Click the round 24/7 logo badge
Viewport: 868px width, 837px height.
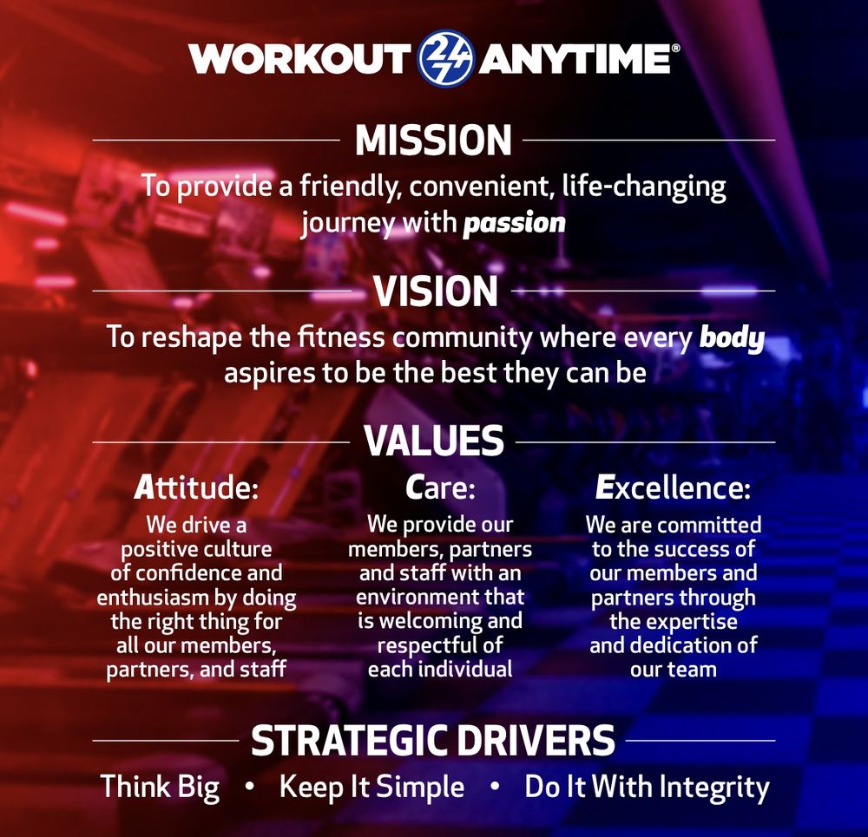click(445, 58)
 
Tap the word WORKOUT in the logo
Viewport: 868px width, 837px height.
click(299, 59)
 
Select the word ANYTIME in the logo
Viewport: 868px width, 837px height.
click(574, 59)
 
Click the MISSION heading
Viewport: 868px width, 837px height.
click(433, 141)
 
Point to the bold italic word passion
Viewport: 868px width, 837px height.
click(514, 222)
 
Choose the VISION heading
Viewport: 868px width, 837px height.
click(435, 291)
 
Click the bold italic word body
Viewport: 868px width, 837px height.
click(732, 337)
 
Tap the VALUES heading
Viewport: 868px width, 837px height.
click(434, 441)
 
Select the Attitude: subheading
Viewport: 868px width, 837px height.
click(196, 488)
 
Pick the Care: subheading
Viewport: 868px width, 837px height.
click(440, 488)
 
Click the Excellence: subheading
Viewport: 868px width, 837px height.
click(673, 488)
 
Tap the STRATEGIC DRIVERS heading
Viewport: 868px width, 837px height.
click(433, 741)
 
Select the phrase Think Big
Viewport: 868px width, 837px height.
click(160, 788)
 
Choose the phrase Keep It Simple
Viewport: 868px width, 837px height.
click(372, 788)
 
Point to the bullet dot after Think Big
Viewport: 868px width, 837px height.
click(249, 788)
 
